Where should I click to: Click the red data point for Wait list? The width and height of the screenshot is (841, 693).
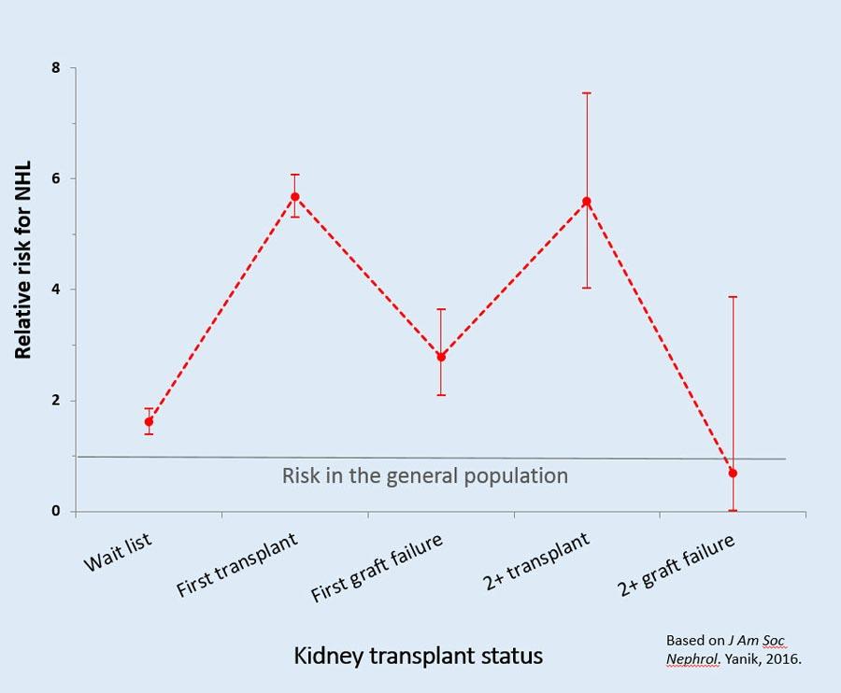149,422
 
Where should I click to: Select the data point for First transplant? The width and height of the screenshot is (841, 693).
294,197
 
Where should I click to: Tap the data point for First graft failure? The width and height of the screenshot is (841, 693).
441,357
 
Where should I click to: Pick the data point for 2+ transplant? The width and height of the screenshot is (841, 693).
587,202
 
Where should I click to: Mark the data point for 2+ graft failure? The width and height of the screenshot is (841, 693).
733,474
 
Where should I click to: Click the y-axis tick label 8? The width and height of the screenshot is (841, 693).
56,68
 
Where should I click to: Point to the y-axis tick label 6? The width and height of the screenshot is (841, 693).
56,178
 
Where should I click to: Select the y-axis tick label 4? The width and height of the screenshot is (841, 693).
56,290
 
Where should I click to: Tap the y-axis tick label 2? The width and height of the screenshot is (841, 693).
56,401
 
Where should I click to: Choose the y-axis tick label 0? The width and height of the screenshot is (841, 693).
56,512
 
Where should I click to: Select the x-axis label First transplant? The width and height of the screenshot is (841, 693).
237,565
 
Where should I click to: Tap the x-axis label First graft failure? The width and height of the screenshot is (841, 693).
377,569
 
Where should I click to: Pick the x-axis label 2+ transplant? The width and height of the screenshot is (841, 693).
536,560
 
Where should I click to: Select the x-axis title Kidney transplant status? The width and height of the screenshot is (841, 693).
418,656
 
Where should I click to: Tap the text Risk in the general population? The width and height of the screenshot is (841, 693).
425,475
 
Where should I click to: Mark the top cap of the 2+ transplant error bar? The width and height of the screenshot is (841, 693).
587,93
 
